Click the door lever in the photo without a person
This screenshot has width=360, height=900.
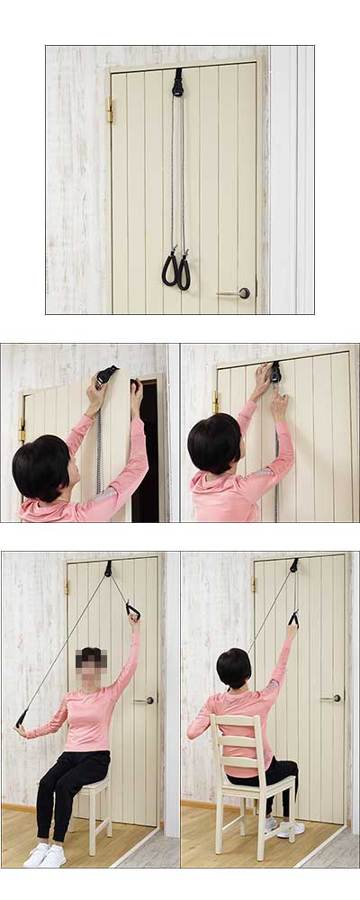pyautogui.click(x=236, y=292)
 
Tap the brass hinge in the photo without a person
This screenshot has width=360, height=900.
pyautogui.click(x=110, y=110)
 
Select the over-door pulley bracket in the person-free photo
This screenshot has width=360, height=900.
pyautogui.click(x=177, y=83)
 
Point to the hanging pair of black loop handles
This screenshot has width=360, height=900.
pyautogui.click(x=176, y=270)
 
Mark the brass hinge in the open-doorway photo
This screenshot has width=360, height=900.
pyautogui.click(x=22, y=430)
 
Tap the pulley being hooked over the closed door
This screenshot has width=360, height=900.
pyautogui.click(x=274, y=371)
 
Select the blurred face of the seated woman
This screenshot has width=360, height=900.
pyautogui.click(x=92, y=660)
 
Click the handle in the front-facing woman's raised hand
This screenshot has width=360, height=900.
pyautogui.click(x=132, y=611)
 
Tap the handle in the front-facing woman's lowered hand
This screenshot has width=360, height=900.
pyautogui.click(x=21, y=718)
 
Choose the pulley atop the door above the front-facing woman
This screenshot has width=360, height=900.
pyautogui.click(x=108, y=569)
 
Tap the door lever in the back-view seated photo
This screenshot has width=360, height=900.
pyautogui.click(x=332, y=697)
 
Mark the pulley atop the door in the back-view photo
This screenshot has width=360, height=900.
pyautogui.click(x=293, y=565)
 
